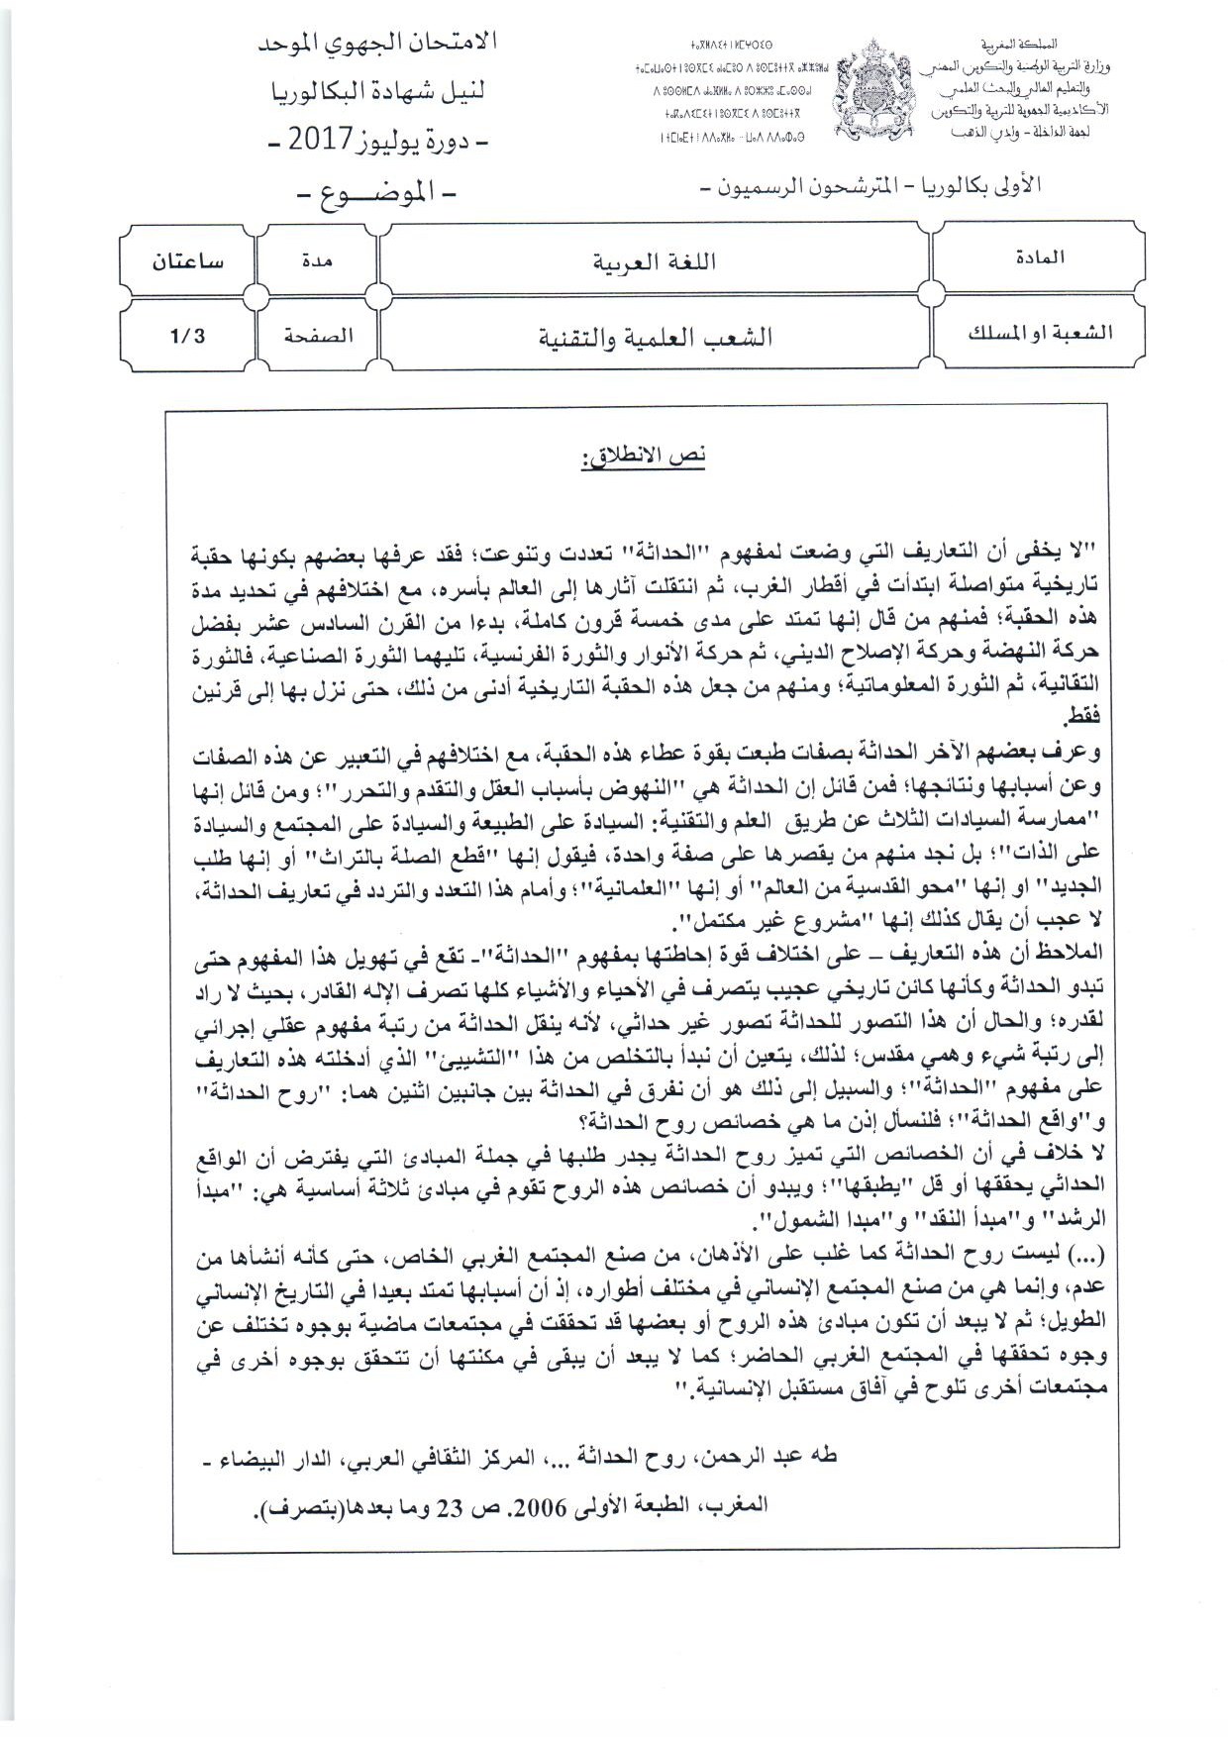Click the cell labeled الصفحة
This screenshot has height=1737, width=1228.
[x=317, y=335]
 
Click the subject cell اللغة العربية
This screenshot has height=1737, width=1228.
[x=654, y=262]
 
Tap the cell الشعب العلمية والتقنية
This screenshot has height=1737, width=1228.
[x=654, y=337]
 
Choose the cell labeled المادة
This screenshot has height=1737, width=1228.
[x=1039, y=257]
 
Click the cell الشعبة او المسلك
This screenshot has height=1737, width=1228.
[x=1039, y=333]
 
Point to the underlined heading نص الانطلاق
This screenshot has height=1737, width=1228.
[x=644, y=457]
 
